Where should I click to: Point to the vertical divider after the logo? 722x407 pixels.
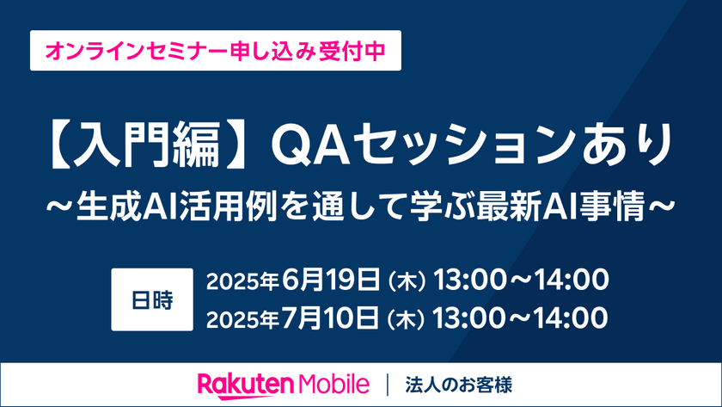coord(391,383)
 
